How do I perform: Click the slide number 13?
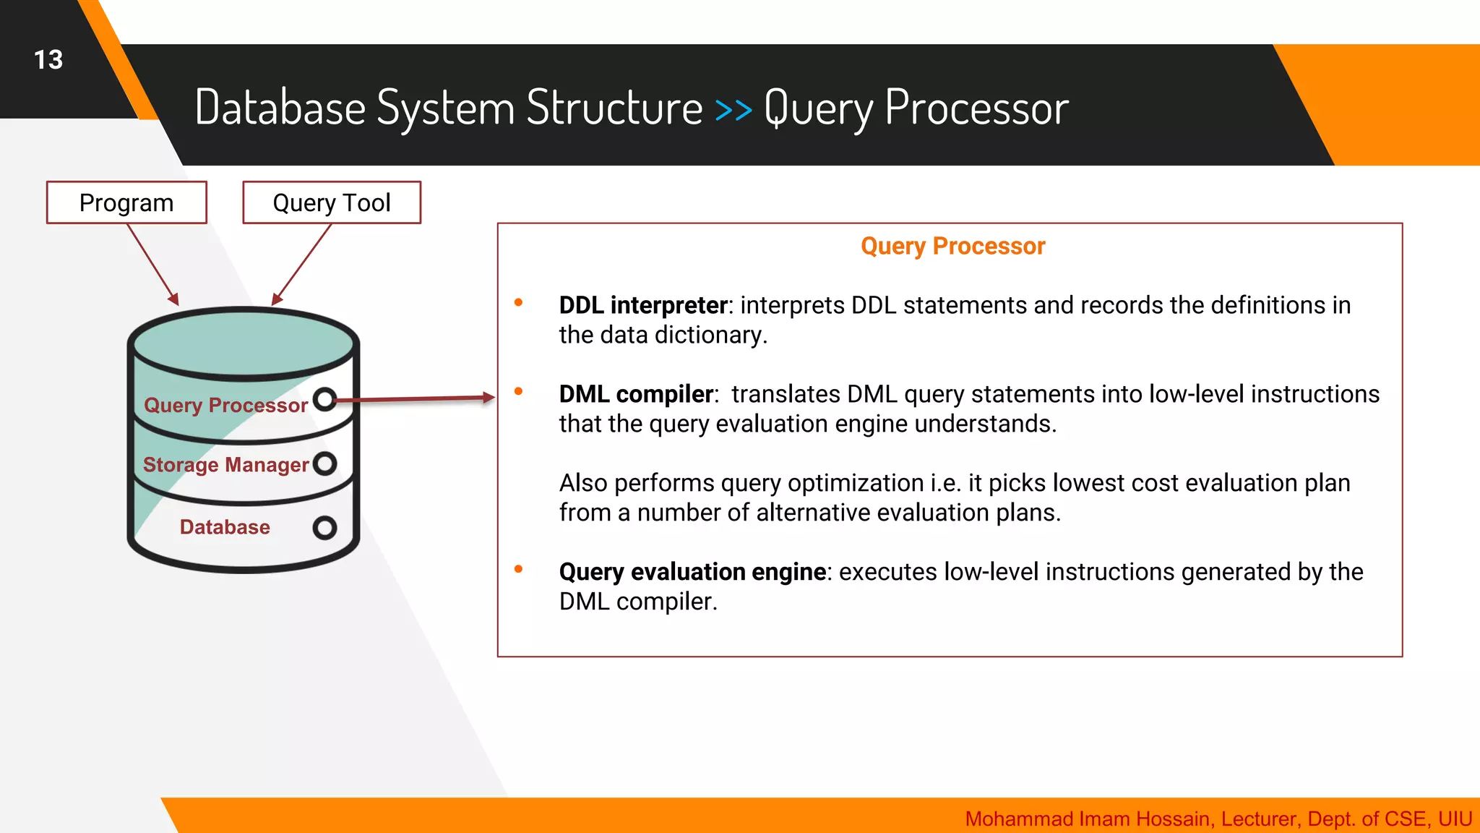click(x=48, y=60)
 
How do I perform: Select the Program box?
click(x=126, y=202)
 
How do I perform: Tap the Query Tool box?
click(x=332, y=202)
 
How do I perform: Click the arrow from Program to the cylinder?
click(x=152, y=264)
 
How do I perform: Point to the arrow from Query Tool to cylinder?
click(x=302, y=264)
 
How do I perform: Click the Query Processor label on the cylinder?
click(x=225, y=405)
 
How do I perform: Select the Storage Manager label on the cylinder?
click(x=225, y=464)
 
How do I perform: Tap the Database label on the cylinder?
click(x=225, y=527)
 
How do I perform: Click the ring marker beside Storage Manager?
click(x=325, y=464)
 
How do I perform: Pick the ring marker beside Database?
click(x=325, y=528)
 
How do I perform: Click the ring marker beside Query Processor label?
click(x=325, y=399)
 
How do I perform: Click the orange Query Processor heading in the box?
click(x=952, y=246)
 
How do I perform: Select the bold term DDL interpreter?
click(x=642, y=305)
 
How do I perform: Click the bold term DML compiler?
click(x=636, y=394)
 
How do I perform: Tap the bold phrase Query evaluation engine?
click(x=692, y=572)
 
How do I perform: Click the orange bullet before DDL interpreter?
click(x=518, y=303)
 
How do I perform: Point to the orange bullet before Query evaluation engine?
click(x=518, y=570)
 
